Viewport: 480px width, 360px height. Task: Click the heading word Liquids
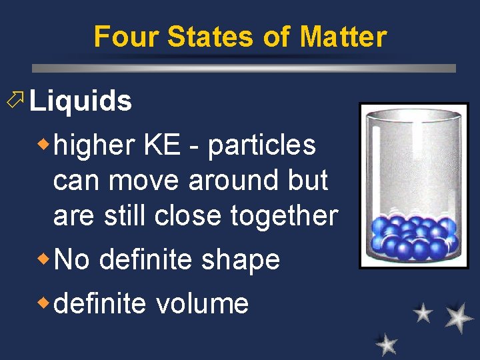81,101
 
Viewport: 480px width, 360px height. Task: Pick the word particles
262,145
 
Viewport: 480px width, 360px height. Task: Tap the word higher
95,145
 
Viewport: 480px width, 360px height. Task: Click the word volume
203,303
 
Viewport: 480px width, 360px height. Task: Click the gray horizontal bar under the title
244,68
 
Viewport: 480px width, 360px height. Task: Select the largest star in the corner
459,317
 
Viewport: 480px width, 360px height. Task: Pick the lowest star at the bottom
386,344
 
